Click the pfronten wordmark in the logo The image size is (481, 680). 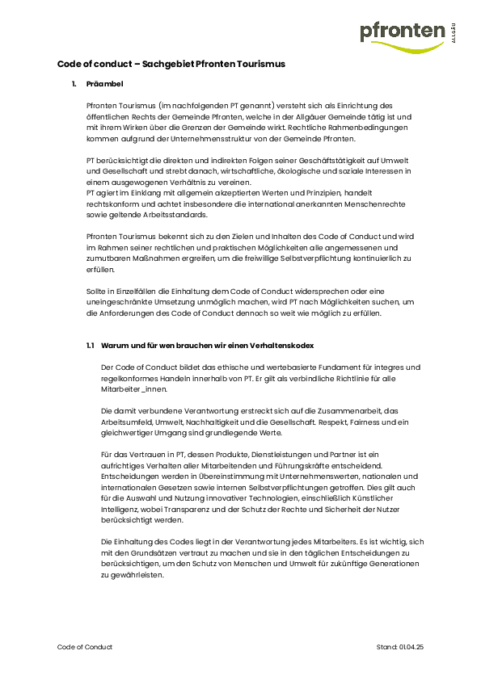[402, 31]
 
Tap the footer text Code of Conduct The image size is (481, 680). [85, 648]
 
